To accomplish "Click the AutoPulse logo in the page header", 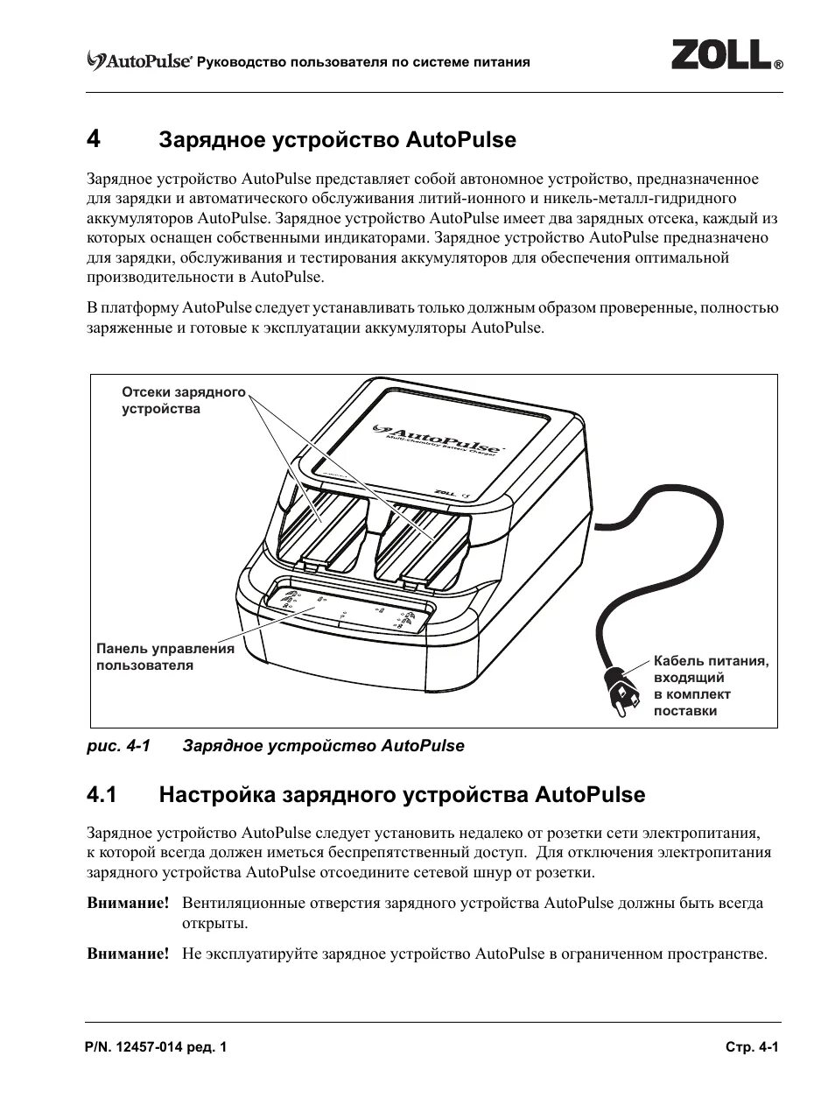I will click(139, 61).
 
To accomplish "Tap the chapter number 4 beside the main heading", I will click(94, 140).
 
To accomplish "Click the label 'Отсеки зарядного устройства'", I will click(183, 400).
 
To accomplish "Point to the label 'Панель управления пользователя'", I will click(165, 657).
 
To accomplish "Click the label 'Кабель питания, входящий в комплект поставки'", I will click(710, 686).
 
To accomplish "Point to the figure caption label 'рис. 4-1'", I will click(118, 746).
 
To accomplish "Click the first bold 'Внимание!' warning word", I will click(128, 903).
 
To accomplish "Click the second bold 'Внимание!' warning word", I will click(128, 954).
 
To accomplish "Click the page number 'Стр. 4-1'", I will click(751, 1048).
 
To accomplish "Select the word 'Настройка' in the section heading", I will click(216, 795).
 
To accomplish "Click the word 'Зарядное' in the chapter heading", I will click(211, 140).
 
